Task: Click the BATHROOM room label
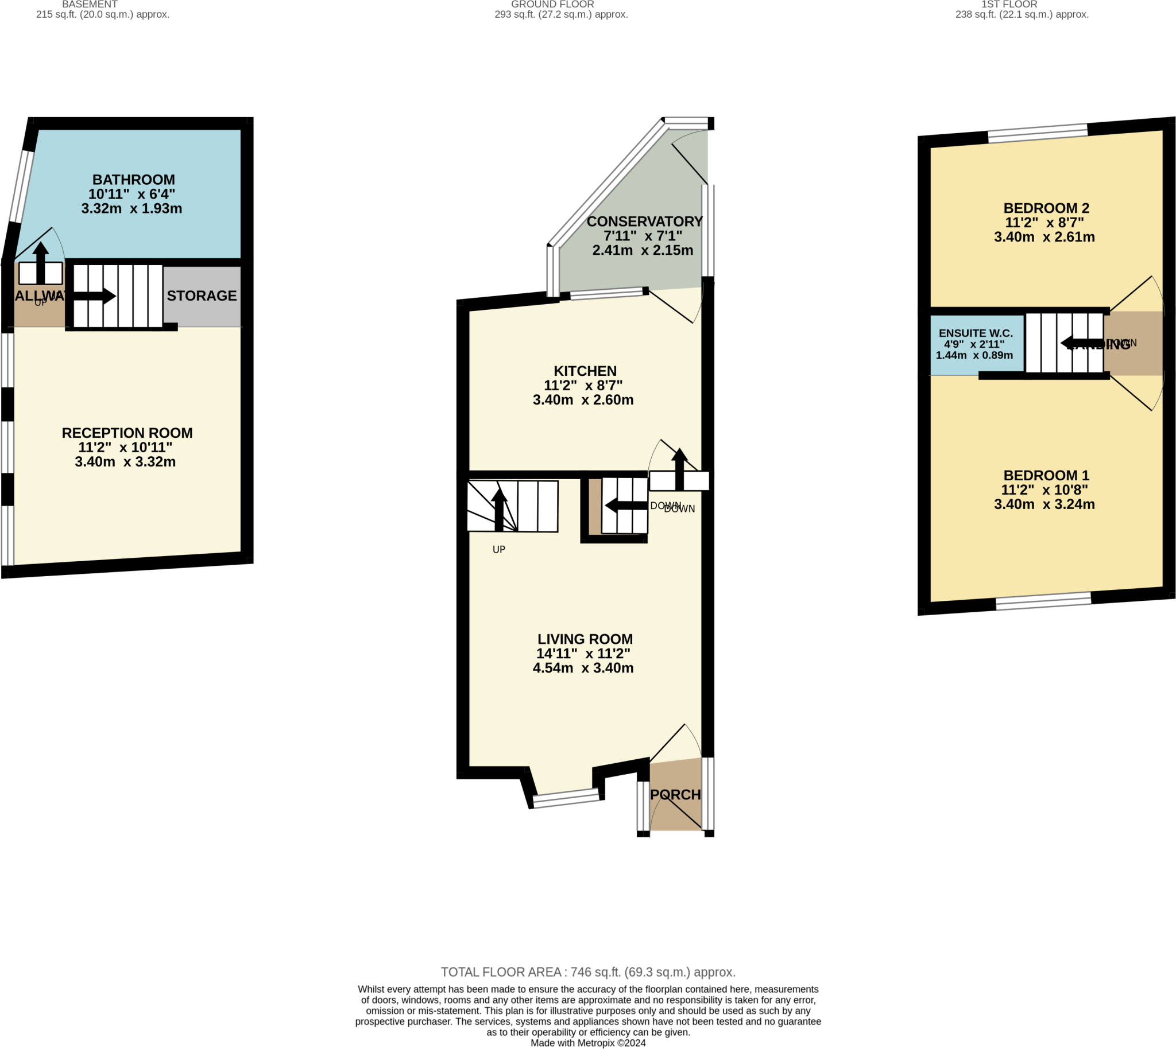coord(133,180)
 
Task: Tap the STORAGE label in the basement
coord(202,296)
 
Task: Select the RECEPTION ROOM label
coord(127,433)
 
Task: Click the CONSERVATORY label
coord(644,222)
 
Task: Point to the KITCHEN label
coord(585,371)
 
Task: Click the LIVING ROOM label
coord(585,639)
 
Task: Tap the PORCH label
coord(675,795)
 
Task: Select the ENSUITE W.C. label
coord(975,333)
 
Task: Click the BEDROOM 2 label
coord(1046,208)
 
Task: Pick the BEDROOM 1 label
coord(1046,476)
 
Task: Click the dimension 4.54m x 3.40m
coord(582,668)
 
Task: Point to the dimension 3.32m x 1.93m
coord(131,209)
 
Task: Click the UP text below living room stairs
coord(498,550)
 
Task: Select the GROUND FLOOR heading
coord(552,5)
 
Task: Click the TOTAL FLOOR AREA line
coord(587,972)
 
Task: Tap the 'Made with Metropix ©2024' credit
coord(587,1043)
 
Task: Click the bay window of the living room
coord(566,799)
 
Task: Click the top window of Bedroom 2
coord(1038,133)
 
